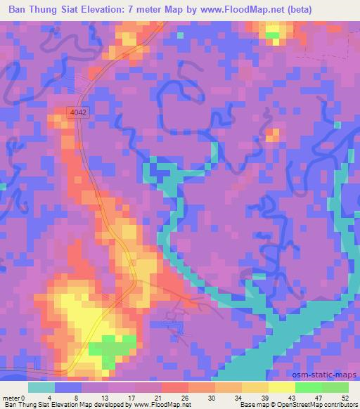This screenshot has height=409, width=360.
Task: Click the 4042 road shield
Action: point(79,112)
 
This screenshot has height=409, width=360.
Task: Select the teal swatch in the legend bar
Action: point(41,387)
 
